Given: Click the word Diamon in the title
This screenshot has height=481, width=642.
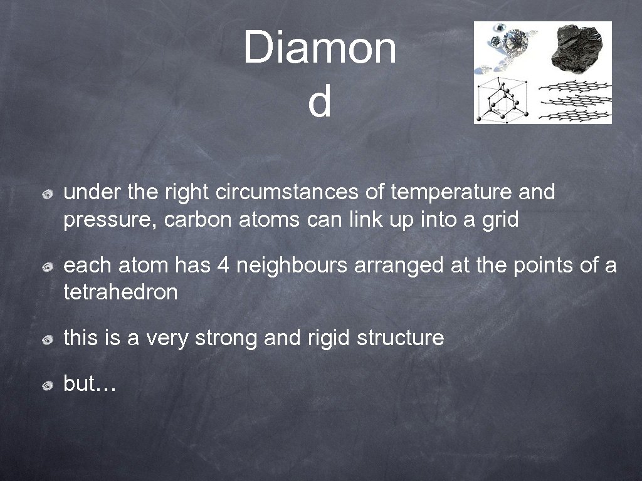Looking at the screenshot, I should point(320,48).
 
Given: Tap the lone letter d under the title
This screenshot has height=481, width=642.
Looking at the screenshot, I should point(319,103).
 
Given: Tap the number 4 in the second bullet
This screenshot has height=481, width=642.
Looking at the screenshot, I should point(223,265).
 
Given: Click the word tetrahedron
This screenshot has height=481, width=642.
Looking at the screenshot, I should point(120,292).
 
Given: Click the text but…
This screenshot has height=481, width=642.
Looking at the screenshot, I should point(90,383).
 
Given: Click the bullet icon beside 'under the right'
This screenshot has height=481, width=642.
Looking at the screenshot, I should point(48,195).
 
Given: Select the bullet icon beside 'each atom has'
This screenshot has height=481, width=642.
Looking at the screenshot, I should point(48,267).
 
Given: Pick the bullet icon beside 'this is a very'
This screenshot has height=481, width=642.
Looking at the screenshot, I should point(48,340).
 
